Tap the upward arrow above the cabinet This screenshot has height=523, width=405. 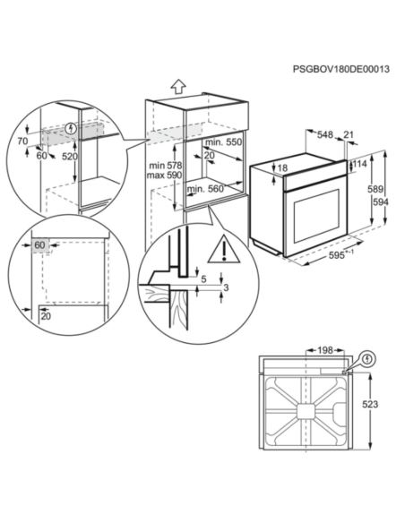177,86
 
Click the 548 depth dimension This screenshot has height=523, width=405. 326,135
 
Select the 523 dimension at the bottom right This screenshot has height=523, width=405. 380,405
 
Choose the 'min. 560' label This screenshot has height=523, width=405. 204,189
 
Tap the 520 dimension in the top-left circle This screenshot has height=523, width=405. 69,156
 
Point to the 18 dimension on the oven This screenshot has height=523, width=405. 282,167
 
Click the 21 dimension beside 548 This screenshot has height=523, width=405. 348,135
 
